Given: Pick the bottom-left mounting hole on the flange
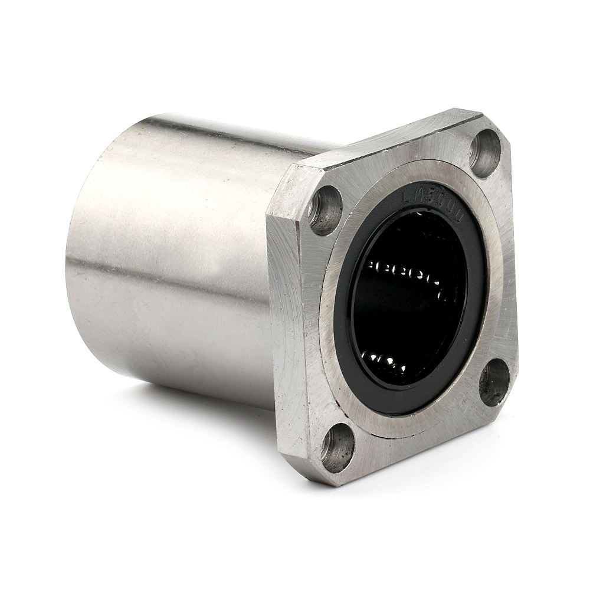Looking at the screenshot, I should point(338,447).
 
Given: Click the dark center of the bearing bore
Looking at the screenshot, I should point(407,313).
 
